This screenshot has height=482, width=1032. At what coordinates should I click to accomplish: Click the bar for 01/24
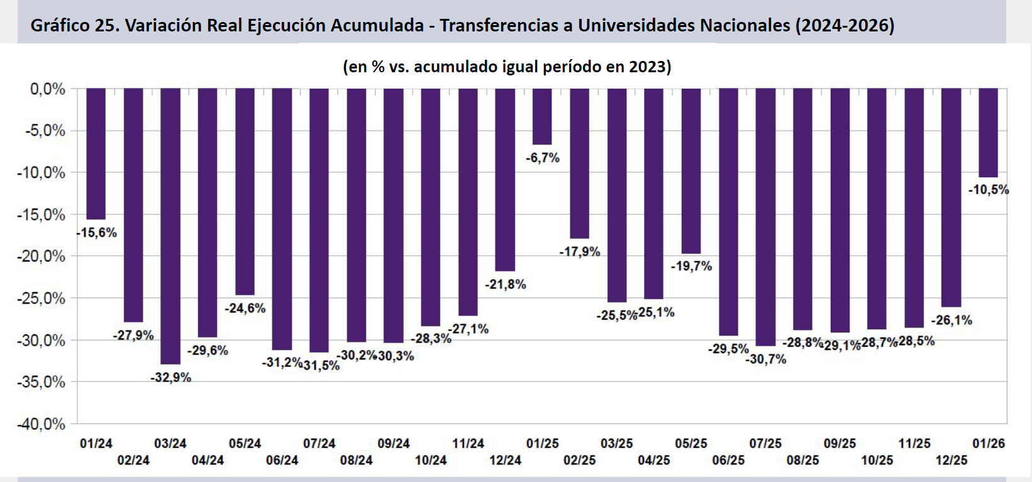[96, 153]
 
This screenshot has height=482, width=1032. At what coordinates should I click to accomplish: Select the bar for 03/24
[170, 226]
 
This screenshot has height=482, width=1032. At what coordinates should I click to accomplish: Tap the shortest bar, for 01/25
[542, 117]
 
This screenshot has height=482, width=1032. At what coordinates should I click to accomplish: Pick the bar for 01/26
[988, 133]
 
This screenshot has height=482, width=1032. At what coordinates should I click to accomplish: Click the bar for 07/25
[765, 217]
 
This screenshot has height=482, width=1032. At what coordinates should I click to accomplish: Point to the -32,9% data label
[171, 378]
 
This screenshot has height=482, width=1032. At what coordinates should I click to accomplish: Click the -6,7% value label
[543, 158]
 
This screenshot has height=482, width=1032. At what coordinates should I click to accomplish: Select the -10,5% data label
[989, 190]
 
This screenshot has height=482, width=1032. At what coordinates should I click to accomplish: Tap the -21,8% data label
[505, 285]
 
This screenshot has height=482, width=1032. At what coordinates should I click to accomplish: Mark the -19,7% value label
[691, 266]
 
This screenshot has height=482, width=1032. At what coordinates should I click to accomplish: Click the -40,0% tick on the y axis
[41, 424]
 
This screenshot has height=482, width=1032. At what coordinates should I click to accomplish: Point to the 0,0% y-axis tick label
[48, 89]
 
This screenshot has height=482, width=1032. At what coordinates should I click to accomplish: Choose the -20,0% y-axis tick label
[41, 256]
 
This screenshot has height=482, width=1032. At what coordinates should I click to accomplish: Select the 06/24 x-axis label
[282, 461]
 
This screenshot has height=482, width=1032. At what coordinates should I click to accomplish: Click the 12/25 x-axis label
[951, 461]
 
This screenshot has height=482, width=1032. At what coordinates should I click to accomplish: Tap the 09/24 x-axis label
[394, 444]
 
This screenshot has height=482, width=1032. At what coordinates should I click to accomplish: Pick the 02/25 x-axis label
[579, 461]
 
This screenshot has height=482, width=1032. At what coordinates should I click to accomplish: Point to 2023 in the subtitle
[648, 67]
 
